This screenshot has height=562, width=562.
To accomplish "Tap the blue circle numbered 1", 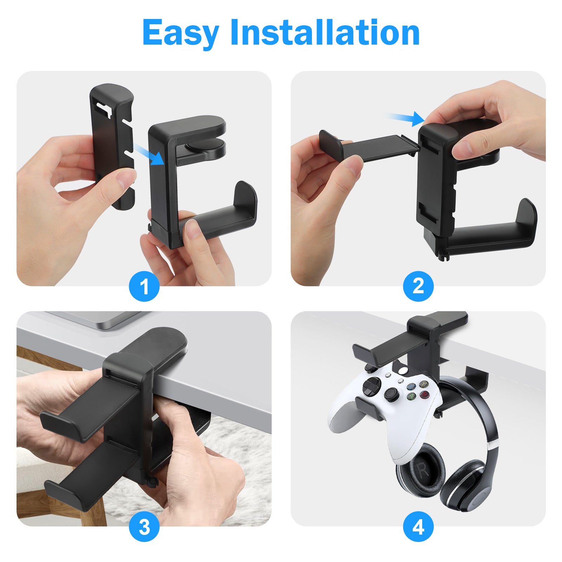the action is pos(144,286).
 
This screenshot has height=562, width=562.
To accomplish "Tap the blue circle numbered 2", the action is pos(418,286).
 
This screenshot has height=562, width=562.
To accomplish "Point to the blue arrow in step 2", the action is pos(406,118).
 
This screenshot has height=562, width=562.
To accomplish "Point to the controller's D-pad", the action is pos(391,394).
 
